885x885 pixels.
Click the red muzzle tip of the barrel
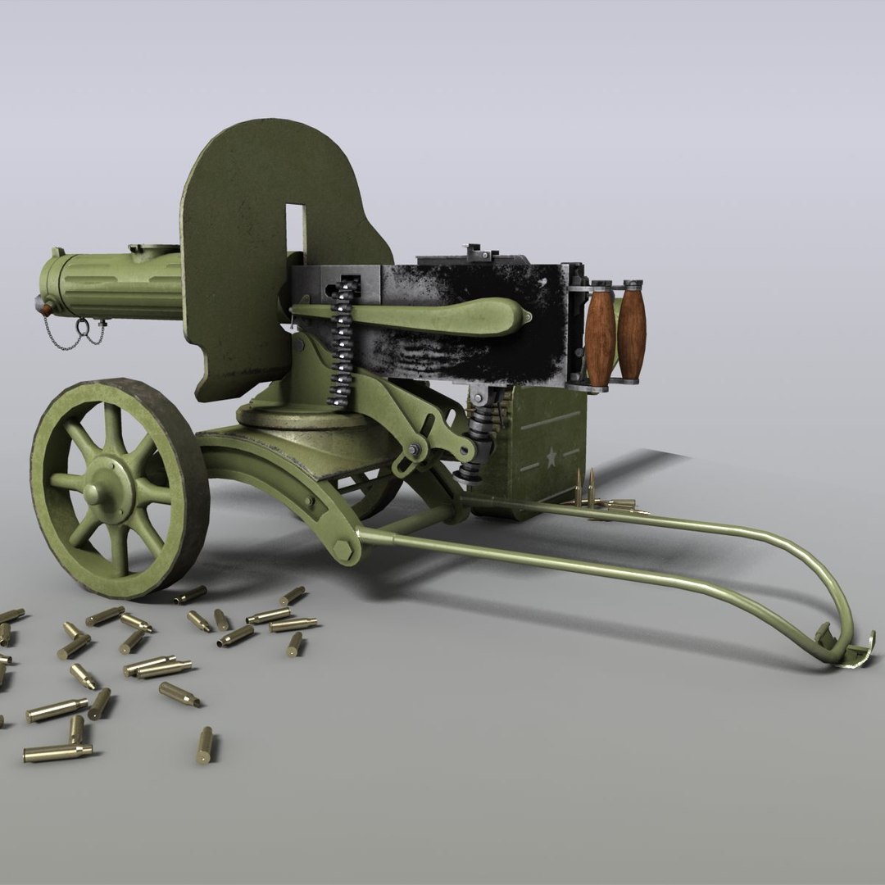(43, 305)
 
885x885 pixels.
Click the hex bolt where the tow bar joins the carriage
(347, 547)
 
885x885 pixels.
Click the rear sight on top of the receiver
(472, 250)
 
